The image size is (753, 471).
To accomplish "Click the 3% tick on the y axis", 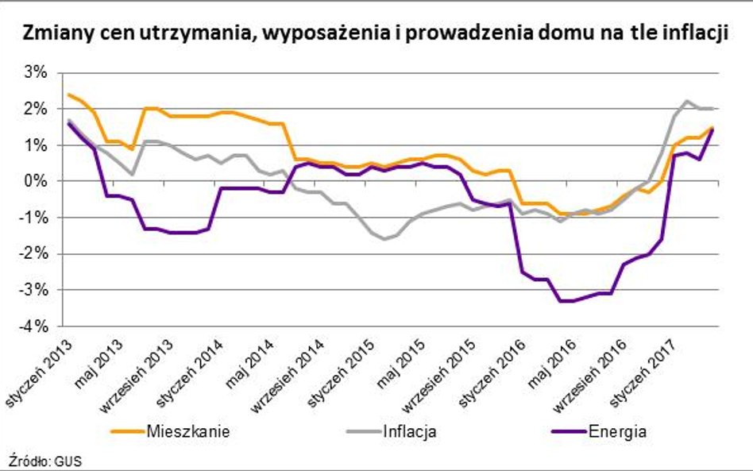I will pyautogui.click(x=37, y=72).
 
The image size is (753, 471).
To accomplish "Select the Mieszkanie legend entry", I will pyautogui.click(x=188, y=432).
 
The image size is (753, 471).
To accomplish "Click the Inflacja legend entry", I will pyautogui.click(x=410, y=432).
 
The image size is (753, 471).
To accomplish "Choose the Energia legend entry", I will pyautogui.click(x=618, y=432).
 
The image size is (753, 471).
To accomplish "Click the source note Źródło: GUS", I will pyautogui.click(x=45, y=460).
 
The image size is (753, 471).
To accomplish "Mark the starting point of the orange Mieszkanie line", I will pyautogui.click(x=68, y=95).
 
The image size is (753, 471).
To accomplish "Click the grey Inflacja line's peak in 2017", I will pyautogui.click(x=687, y=101).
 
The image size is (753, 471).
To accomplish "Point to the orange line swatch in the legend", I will pyautogui.click(x=125, y=433).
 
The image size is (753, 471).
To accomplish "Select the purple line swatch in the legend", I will pyautogui.click(x=568, y=433).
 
